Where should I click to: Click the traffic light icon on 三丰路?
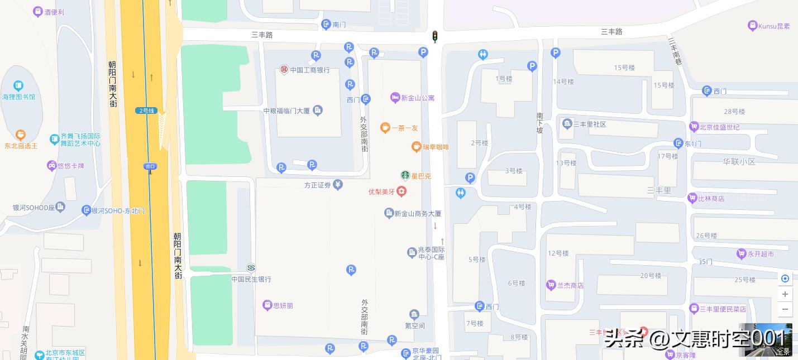[x=434, y=37]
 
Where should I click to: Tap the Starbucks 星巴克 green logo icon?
[x=405, y=176]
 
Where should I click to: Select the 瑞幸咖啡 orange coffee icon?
[x=416, y=147]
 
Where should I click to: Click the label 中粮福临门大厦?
[x=286, y=111]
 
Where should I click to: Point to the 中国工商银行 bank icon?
[x=284, y=70]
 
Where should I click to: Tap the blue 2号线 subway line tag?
[x=146, y=111]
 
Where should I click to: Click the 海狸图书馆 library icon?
[x=18, y=86]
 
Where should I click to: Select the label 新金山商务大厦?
[x=418, y=213]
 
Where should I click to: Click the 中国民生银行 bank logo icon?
[x=251, y=268]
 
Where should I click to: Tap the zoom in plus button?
[x=785, y=294]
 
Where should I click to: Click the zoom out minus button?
[x=785, y=309]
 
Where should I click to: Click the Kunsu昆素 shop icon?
[x=753, y=26]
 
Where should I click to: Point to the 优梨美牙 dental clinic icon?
[x=401, y=191]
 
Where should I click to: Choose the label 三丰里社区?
[x=590, y=124]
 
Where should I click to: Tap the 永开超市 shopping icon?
[x=741, y=254]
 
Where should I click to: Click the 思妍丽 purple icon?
[x=267, y=305]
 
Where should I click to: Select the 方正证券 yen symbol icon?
[x=338, y=185]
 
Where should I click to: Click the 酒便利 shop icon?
[x=38, y=11]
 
